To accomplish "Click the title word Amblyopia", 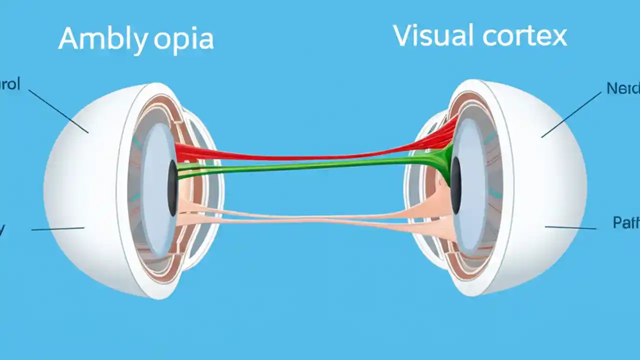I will pos(136,39).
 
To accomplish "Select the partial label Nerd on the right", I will pos(622,88).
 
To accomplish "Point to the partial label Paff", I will pos(625,222).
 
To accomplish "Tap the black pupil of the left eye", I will pos(172,187).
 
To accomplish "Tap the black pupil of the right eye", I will pos(455,185).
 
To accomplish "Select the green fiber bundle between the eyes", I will pos(310,165).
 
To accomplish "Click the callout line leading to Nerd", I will pos(571,114).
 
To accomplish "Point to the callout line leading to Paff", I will pos(570,227).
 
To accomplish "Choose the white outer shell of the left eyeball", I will pos(80,190).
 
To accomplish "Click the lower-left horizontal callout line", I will pos(57,229).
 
